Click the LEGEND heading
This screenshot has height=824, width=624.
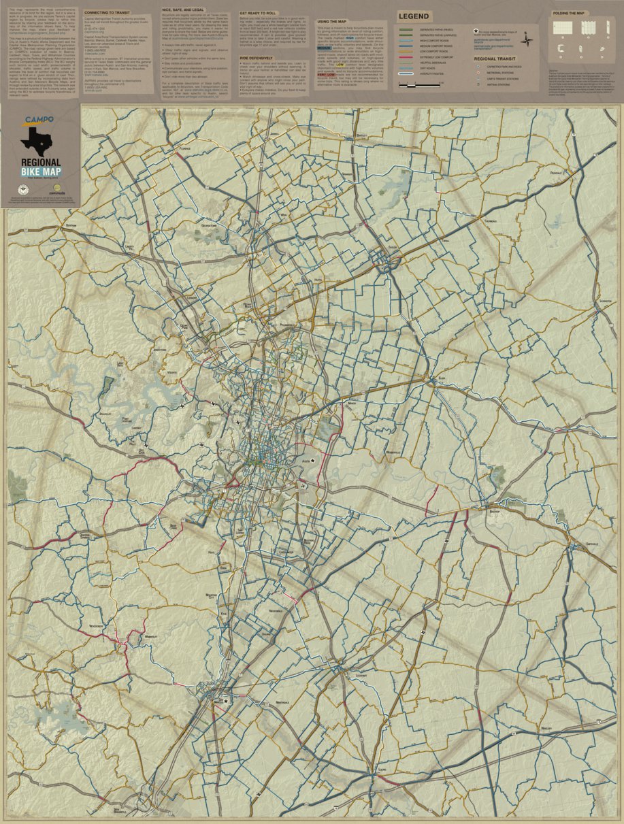[413, 16]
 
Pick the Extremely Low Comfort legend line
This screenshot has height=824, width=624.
[407, 57]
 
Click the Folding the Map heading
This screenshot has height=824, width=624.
[568, 13]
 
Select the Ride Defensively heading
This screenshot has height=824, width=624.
[255, 59]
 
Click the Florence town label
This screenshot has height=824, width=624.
[185, 148]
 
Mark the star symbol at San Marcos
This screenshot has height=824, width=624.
[226, 699]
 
